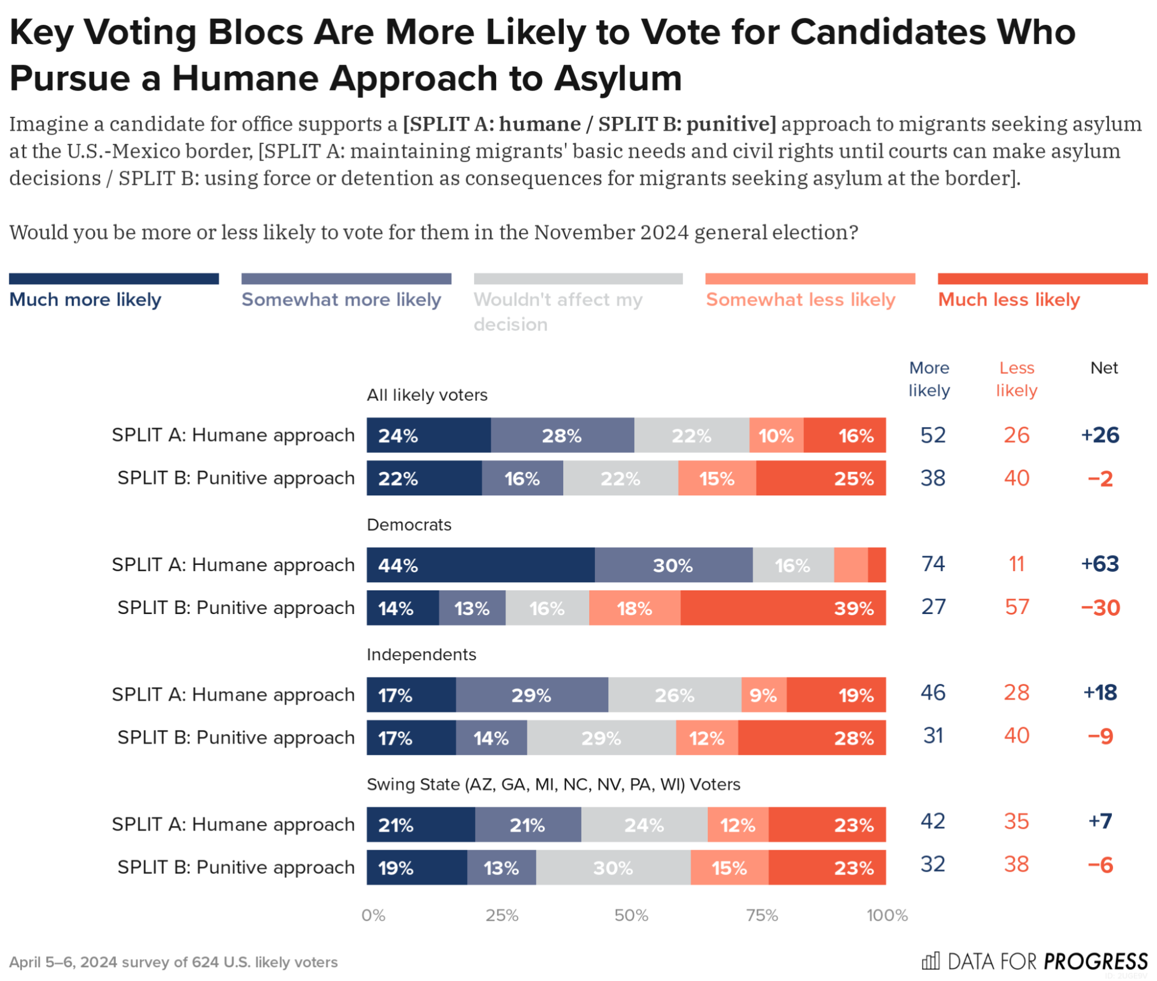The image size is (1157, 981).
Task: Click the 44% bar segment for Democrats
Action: point(480,565)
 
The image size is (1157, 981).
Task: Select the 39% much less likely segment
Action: point(783,608)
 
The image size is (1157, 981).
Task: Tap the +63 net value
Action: point(1100,564)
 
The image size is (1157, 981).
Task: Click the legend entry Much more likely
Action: point(85,299)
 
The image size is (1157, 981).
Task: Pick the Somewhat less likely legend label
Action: point(800,299)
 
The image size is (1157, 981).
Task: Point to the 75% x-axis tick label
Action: point(761,915)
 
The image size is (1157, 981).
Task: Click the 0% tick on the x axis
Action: point(373,915)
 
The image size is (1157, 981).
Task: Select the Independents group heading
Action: point(421,654)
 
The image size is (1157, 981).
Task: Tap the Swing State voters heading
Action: point(553,784)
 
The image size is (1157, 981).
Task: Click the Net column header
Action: point(1104,368)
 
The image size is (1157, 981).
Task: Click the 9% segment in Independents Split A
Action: point(763,695)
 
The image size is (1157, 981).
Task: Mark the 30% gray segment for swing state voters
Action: point(613,868)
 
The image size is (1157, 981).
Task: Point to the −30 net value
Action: point(1100,608)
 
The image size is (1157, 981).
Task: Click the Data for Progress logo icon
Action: point(930,961)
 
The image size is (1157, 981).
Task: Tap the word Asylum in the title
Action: point(618,78)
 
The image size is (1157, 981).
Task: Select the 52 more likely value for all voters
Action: point(933,435)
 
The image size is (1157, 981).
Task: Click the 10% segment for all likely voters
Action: point(776,435)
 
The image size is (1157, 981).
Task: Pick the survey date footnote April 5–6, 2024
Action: point(173,962)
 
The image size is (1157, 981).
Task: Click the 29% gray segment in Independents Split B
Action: point(601,738)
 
